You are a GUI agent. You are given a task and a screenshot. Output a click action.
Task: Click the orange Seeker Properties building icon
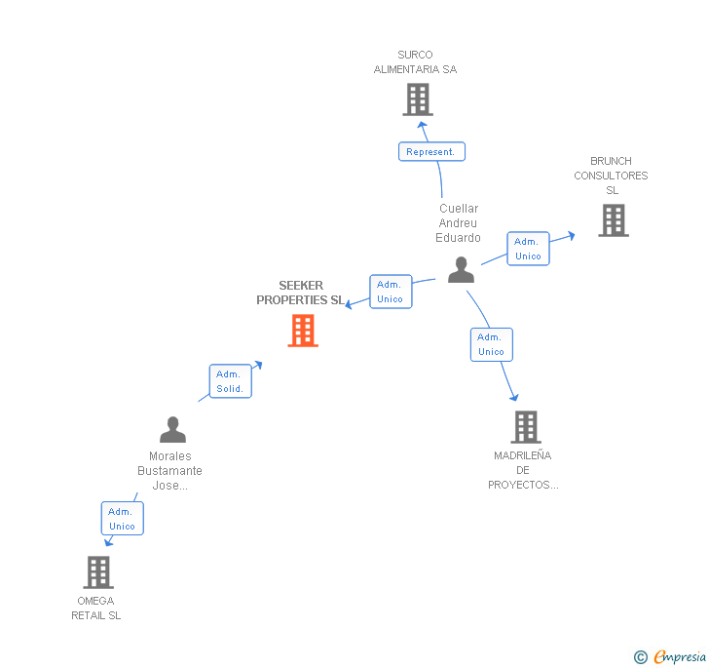point(303,331)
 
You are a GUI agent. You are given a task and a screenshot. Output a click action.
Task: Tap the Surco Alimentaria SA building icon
point(417,99)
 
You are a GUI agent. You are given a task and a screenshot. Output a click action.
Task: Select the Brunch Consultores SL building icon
point(614,220)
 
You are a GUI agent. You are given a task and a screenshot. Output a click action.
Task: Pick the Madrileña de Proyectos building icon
point(525,426)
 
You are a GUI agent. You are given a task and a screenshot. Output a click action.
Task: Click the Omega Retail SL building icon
point(98,571)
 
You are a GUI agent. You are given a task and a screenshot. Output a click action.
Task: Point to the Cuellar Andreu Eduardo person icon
point(461,270)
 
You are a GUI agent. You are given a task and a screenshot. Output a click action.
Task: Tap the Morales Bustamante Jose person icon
point(172,429)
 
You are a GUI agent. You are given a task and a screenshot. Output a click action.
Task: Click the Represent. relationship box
point(431,152)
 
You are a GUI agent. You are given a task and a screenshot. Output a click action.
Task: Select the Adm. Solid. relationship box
point(231,381)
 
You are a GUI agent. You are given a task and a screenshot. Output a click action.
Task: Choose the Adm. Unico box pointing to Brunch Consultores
point(528,249)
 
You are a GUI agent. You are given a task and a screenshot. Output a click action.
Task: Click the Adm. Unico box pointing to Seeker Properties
point(391,292)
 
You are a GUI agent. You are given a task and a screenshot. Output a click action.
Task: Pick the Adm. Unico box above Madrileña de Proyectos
point(491,344)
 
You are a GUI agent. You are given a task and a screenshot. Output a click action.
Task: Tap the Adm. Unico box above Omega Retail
point(122,519)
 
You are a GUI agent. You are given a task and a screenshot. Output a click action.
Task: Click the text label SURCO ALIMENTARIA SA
point(415,62)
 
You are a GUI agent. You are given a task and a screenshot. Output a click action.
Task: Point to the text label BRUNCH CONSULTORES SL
point(611,176)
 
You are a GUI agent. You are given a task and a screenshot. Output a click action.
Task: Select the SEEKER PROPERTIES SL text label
point(300,293)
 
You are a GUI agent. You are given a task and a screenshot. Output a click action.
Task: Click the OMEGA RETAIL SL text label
point(95,609)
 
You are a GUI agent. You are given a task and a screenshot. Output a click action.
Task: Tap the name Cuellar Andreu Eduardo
point(459,223)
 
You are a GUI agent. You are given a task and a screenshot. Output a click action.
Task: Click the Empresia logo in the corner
point(671,657)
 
